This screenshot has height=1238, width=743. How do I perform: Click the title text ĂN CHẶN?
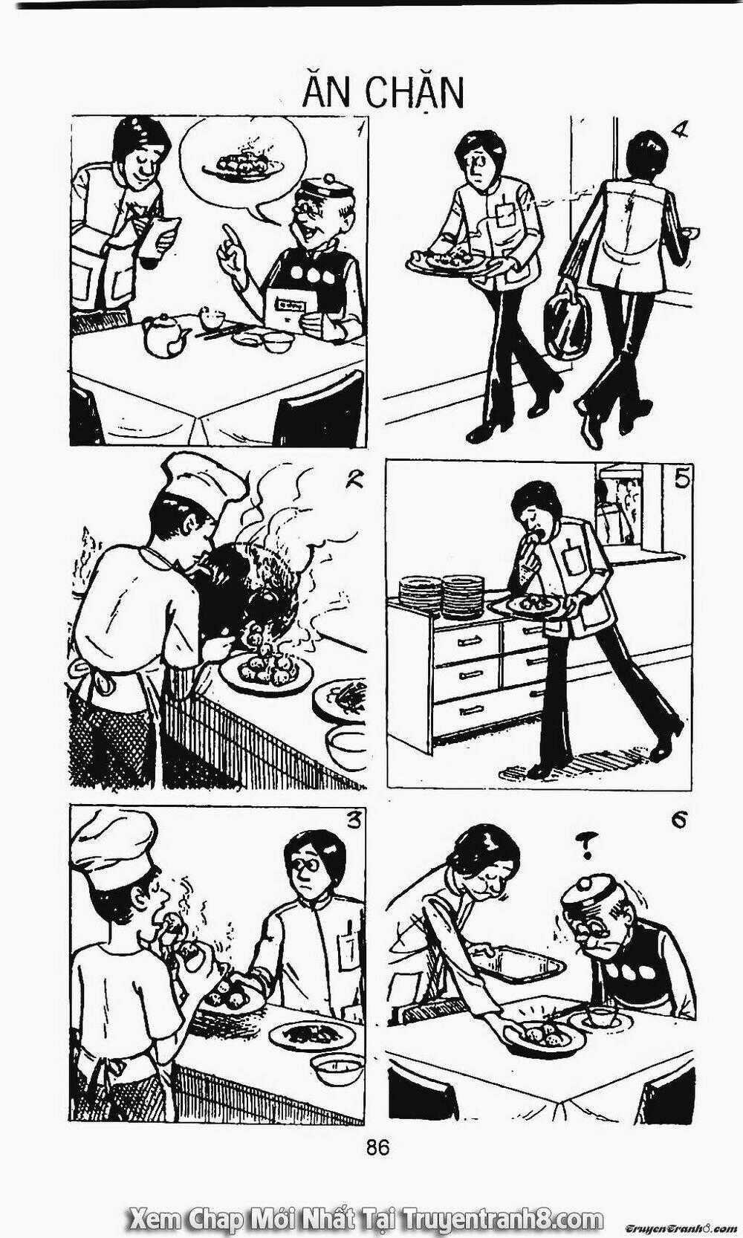[x=383, y=93]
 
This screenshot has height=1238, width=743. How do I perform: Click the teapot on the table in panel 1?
[x=166, y=334]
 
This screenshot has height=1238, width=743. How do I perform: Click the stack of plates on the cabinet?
[x=442, y=597]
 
